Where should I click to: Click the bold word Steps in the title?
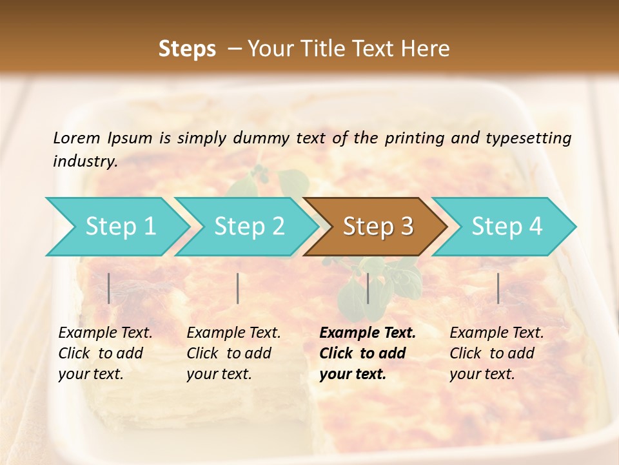coord(187,49)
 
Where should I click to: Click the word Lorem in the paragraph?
coord(76,138)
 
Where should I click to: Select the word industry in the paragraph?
coord(84,161)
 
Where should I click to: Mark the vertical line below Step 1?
coord(109,288)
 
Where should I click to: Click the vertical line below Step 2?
coord(238,288)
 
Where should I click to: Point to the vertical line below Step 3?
coord(368,288)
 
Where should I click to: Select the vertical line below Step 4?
coord(498,288)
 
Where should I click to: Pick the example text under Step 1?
coord(105,353)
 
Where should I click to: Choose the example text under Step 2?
coord(233,353)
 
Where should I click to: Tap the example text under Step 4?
coord(496,353)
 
